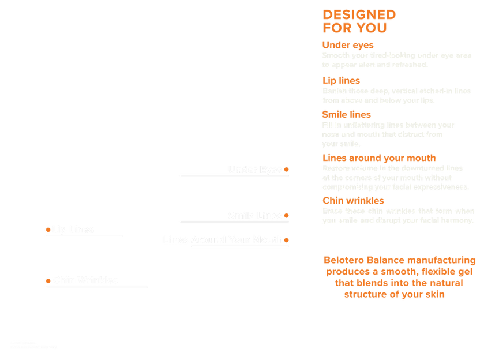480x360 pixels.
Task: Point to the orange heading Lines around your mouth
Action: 379,157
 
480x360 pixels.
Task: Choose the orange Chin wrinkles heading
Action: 352,200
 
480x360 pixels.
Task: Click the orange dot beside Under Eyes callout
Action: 287,169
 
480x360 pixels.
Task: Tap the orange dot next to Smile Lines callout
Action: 287,215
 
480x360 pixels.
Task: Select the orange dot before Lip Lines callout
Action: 47,230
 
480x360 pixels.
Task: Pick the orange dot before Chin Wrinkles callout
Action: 47,280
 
